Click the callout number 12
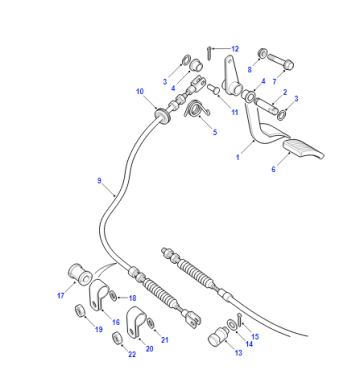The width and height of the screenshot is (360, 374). pyautogui.click(x=235, y=49)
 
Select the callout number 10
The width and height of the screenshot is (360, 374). pyautogui.click(x=140, y=91)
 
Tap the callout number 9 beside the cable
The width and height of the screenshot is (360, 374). pyautogui.click(x=99, y=181)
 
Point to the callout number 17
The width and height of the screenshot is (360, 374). pyautogui.click(x=61, y=295)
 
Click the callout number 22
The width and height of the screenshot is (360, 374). pyautogui.click(x=132, y=354)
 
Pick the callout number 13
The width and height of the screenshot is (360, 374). pyautogui.click(x=239, y=352)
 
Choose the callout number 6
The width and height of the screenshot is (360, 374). pyautogui.click(x=273, y=169)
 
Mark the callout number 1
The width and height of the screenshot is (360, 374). pyautogui.click(x=238, y=157)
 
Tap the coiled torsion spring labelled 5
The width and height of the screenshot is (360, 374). pyautogui.click(x=196, y=109)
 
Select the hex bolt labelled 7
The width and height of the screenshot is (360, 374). pyautogui.click(x=280, y=61)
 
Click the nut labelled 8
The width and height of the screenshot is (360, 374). pyautogui.click(x=262, y=53)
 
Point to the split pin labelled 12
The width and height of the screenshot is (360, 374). pyautogui.click(x=209, y=53)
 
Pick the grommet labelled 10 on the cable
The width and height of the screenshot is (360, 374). pyautogui.click(x=162, y=115)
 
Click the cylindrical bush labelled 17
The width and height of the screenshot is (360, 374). pyautogui.click(x=80, y=274)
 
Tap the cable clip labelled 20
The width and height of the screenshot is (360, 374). pyautogui.click(x=136, y=321)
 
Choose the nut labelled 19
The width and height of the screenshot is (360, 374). pyautogui.click(x=79, y=311)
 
